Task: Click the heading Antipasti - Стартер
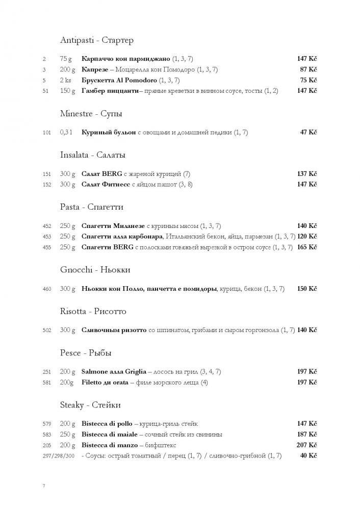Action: tap(96, 40)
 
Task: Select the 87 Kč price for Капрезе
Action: tap(308, 69)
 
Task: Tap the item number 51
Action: tap(45, 91)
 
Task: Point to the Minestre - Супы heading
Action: tap(91, 113)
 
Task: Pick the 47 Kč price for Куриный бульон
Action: tap(308, 133)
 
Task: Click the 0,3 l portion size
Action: tap(67, 133)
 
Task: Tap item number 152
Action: tap(47, 185)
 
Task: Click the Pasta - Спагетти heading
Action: tap(91, 207)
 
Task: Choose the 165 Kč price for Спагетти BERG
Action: tap(307, 247)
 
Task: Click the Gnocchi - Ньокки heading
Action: tap(95, 270)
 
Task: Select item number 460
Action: tap(47, 289)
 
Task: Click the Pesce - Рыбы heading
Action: tap(85, 353)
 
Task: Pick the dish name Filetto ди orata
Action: tap(107, 382)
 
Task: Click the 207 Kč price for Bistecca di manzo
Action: tap(307, 445)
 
